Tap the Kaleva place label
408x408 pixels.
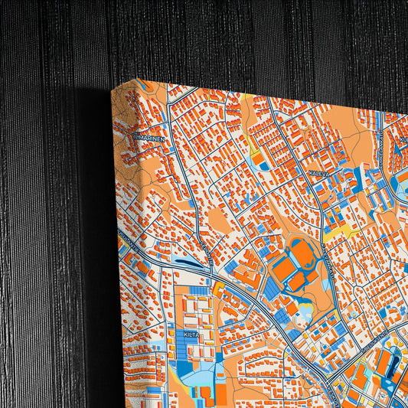click(318, 175)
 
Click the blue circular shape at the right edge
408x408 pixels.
click(400, 184)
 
